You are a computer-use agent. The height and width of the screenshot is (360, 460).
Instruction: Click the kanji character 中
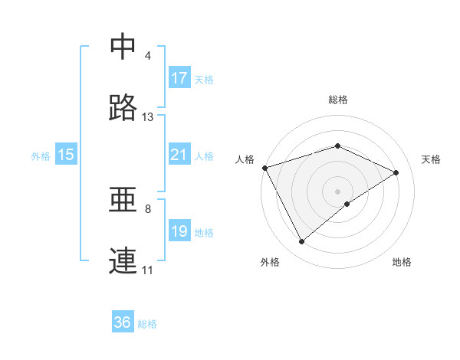coord(123,47)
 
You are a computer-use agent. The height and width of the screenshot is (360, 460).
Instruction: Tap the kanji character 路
coord(123,108)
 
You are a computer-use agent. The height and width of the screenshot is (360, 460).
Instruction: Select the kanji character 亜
coord(123,200)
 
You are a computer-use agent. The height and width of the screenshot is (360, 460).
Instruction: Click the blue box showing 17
coord(179,77)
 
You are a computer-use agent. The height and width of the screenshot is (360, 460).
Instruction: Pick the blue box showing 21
coord(179,155)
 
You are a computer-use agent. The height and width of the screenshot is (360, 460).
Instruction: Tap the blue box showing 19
coord(179,231)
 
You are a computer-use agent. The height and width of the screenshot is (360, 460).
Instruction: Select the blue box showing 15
coord(66,155)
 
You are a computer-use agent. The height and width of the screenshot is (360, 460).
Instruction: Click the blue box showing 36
coord(123,322)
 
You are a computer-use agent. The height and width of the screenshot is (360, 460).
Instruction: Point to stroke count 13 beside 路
coord(148,117)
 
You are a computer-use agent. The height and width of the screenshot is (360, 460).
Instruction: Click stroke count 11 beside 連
coord(148,270)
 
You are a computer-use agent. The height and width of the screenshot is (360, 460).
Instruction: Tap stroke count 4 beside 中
coord(148,56)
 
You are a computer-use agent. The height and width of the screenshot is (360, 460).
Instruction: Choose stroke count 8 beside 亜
coord(148,208)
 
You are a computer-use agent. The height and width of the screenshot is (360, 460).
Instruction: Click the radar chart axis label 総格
coord(338,100)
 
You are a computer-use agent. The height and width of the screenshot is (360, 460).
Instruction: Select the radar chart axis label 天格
coord(431,159)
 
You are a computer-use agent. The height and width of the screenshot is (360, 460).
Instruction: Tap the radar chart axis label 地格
coord(402,262)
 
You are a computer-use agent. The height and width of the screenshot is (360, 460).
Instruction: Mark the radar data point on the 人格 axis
coord(264,168)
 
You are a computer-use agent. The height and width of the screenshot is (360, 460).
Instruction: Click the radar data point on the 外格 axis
coord(301,242)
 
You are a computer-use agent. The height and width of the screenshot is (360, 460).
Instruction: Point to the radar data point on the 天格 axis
coord(396,172)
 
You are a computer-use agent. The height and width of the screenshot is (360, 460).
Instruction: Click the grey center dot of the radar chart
coord(338,191)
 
